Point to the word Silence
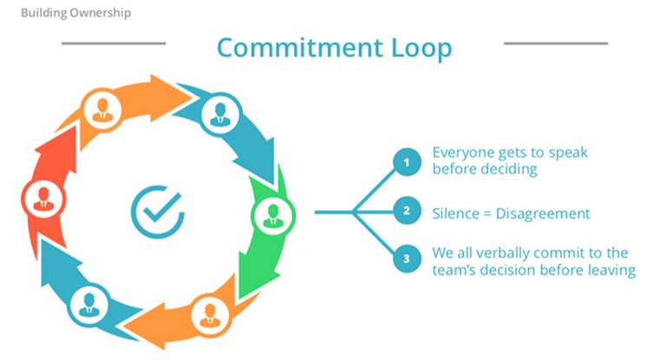click(456, 212)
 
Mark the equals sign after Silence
click(490, 213)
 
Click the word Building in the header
click(34, 14)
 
